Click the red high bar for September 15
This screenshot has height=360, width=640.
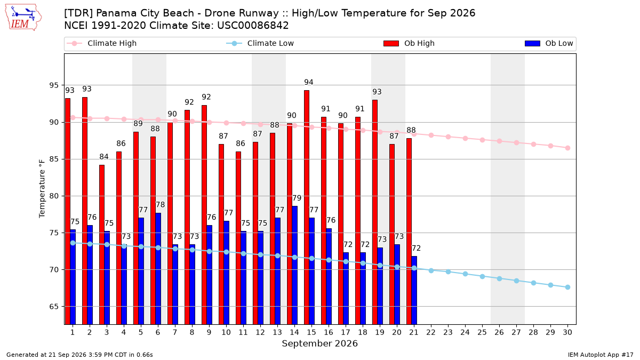(x=307, y=207)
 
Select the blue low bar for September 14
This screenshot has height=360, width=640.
(x=294, y=265)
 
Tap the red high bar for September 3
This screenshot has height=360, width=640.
(x=102, y=245)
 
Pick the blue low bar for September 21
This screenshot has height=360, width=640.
(x=414, y=290)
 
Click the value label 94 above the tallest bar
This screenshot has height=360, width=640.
(x=309, y=82)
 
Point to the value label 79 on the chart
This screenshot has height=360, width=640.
(x=297, y=198)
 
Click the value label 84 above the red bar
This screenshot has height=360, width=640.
(x=104, y=157)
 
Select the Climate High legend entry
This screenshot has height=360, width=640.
(x=102, y=43)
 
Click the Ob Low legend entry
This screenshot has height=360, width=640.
(x=549, y=43)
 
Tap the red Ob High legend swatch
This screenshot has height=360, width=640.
(x=391, y=43)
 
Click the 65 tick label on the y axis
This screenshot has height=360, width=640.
(x=54, y=307)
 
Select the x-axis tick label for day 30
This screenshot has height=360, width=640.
(x=567, y=332)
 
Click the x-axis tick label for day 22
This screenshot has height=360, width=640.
(x=431, y=332)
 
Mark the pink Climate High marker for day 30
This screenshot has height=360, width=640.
(x=567, y=148)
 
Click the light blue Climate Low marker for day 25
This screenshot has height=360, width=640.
(x=482, y=277)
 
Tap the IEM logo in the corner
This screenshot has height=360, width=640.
(x=23, y=18)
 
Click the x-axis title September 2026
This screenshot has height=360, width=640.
(x=319, y=343)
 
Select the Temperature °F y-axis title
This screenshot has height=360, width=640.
(x=42, y=189)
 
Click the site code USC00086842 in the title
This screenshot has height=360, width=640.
(x=253, y=26)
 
